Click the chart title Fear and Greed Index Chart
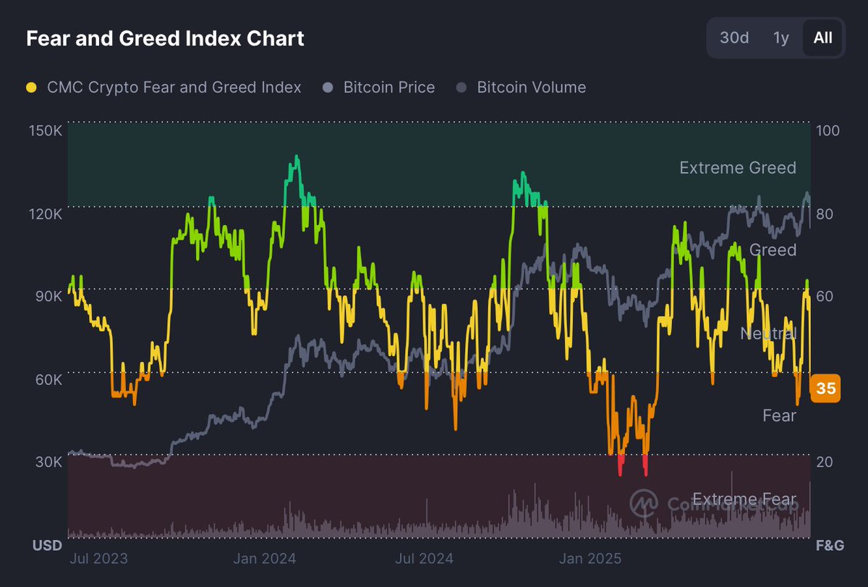pos(165,38)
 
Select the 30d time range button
pos(734,38)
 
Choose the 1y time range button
pos(781,38)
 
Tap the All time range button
pos(822,38)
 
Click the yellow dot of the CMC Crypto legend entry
pos(31,88)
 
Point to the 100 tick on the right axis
pos(827,131)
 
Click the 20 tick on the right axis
pos(824,462)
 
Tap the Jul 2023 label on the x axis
pos(98,558)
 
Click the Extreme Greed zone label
pos(737,168)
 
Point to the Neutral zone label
pos(767,333)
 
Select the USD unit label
pos(47,545)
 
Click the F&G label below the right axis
pos(829,545)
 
